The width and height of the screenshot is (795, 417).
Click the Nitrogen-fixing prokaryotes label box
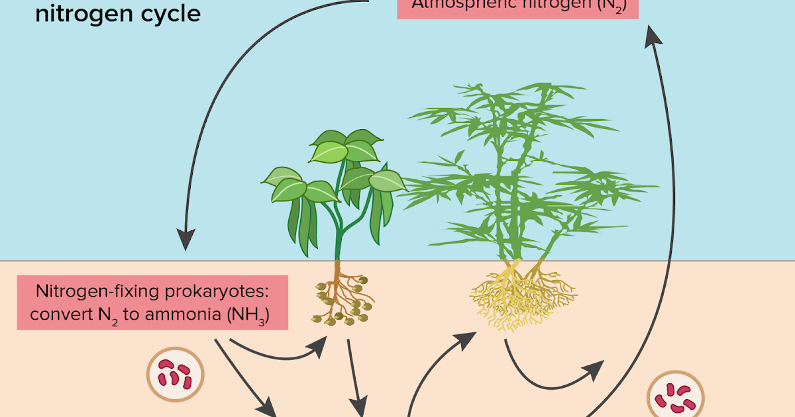click(x=152, y=302)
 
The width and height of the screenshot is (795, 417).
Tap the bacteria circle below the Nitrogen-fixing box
click(x=175, y=375)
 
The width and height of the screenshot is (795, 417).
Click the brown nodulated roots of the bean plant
click(x=341, y=298)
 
